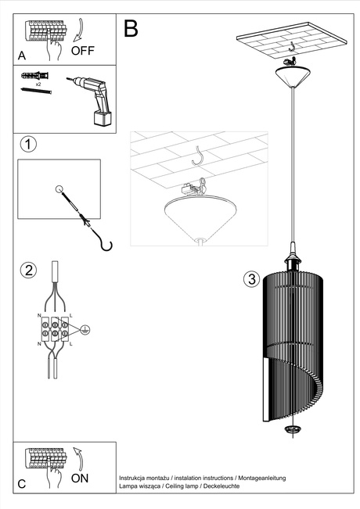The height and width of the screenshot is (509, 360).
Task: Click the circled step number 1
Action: [x=28, y=145]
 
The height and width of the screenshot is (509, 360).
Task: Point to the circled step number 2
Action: [x=28, y=271]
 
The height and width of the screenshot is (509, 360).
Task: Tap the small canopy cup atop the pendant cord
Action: [x=293, y=78]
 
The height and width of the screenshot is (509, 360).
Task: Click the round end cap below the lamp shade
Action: [x=293, y=429]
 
